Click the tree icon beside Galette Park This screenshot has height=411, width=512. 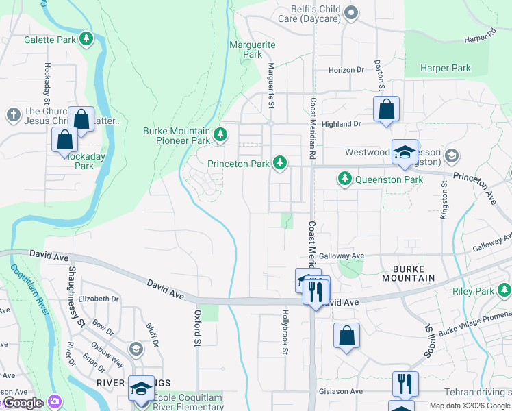(x=86, y=40)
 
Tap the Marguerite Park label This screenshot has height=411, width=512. (x=253, y=49)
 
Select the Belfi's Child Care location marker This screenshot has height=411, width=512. (x=351, y=13)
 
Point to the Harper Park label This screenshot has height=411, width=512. (x=446, y=68)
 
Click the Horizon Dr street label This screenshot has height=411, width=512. (x=346, y=70)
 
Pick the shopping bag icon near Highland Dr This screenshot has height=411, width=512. (x=386, y=110)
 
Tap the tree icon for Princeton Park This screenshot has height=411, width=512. (x=279, y=163)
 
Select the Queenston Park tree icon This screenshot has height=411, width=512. (x=345, y=179)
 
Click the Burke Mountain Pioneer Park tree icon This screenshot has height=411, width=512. (x=220, y=134)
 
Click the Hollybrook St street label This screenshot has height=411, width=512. (x=285, y=332)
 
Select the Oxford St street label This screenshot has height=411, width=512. (x=197, y=327)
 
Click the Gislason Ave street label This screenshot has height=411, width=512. (x=340, y=391)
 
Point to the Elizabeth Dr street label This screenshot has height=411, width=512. (x=99, y=299)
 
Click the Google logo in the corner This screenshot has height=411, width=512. (x=23, y=403)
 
